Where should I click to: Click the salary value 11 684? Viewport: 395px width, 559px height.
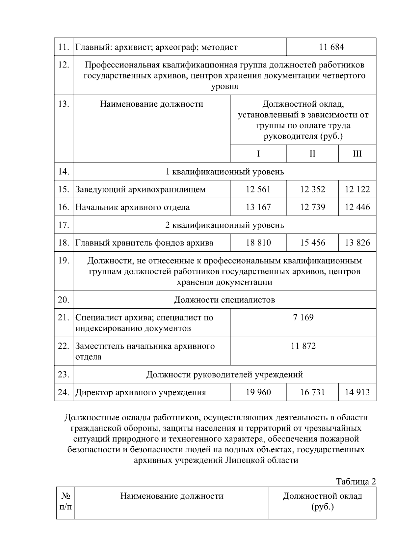point(331,47)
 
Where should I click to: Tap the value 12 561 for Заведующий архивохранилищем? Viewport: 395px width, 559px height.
point(258,189)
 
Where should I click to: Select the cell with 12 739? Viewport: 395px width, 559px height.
point(312,207)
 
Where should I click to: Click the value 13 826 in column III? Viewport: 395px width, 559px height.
point(357,243)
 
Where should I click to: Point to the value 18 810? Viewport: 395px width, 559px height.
point(258,243)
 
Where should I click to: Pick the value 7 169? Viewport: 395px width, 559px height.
point(303,318)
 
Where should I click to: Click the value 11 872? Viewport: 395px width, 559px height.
point(303,346)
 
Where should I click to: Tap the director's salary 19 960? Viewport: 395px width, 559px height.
point(258,392)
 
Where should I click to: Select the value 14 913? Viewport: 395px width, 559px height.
point(357,392)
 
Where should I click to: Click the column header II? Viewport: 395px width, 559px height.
point(312,154)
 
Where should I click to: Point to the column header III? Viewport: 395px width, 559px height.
point(357,154)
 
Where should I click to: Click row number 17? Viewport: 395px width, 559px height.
point(63,225)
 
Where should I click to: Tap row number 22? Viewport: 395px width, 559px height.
point(63,346)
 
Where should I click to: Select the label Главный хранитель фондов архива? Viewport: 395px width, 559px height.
point(144,243)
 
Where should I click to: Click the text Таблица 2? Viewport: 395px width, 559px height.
point(355,481)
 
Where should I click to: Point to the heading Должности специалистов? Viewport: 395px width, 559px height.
point(224,300)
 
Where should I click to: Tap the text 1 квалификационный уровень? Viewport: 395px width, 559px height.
point(224,172)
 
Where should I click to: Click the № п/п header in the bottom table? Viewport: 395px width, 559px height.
point(66,501)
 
